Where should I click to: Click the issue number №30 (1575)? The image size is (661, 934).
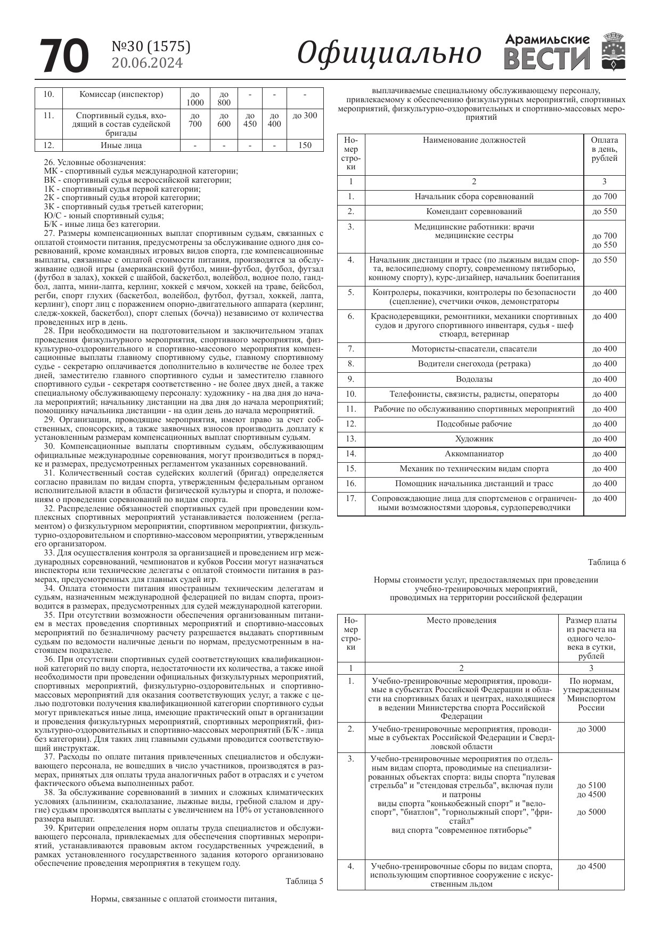(x=151, y=47)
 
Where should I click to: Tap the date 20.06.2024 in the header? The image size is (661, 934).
(x=147, y=63)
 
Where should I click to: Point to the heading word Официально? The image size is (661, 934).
(x=389, y=54)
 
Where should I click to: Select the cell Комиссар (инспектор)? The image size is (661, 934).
(x=121, y=95)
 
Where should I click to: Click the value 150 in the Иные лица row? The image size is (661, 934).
(x=305, y=145)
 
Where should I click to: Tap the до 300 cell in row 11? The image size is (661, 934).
(x=305, y=116)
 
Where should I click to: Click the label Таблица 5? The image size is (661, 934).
(x=304, y=881)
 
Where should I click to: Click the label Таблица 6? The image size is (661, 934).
(x=607, y=563)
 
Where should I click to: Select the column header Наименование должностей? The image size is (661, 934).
(x=474, y=140)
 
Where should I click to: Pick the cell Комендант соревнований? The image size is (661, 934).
(x=474, y=211)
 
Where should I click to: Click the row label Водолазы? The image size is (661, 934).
(x=474, y=379)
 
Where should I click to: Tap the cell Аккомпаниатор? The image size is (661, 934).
(x=474, y=454)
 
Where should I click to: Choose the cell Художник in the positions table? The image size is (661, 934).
(x=474, y=439)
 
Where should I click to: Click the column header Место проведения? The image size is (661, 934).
(x=461, y=620)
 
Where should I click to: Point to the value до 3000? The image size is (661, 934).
(x=591, y=729)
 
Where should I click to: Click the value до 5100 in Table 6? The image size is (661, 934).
(x=591, y=785)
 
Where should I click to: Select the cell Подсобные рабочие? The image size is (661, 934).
(x=474, y=424)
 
